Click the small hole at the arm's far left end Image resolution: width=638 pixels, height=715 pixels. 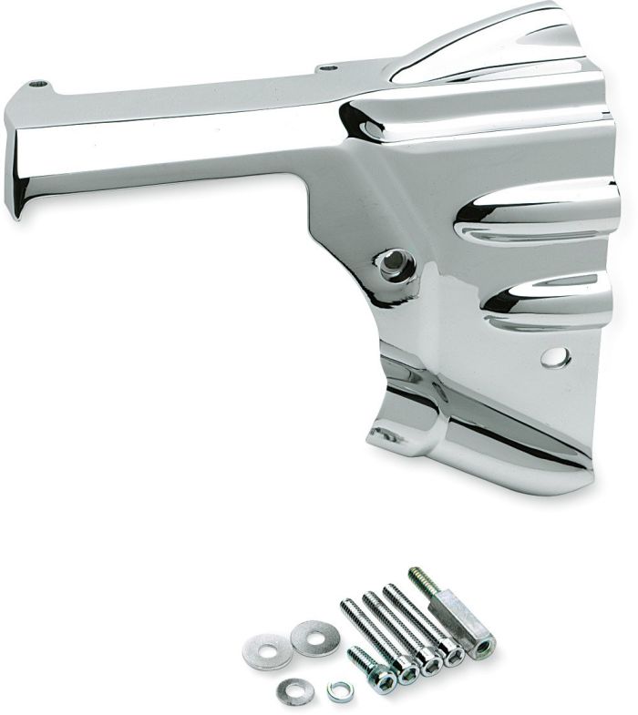pos(36,84)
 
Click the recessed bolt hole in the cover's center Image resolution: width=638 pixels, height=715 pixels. pos(394,265)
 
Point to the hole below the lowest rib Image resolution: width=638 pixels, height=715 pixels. pos(555,356)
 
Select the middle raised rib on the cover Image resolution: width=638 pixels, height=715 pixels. pos(538,214)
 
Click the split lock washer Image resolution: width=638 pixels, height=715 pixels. pos(339,691)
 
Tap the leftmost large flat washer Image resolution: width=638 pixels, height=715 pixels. pos(266,650)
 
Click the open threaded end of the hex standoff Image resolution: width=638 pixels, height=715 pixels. pos(483,649)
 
